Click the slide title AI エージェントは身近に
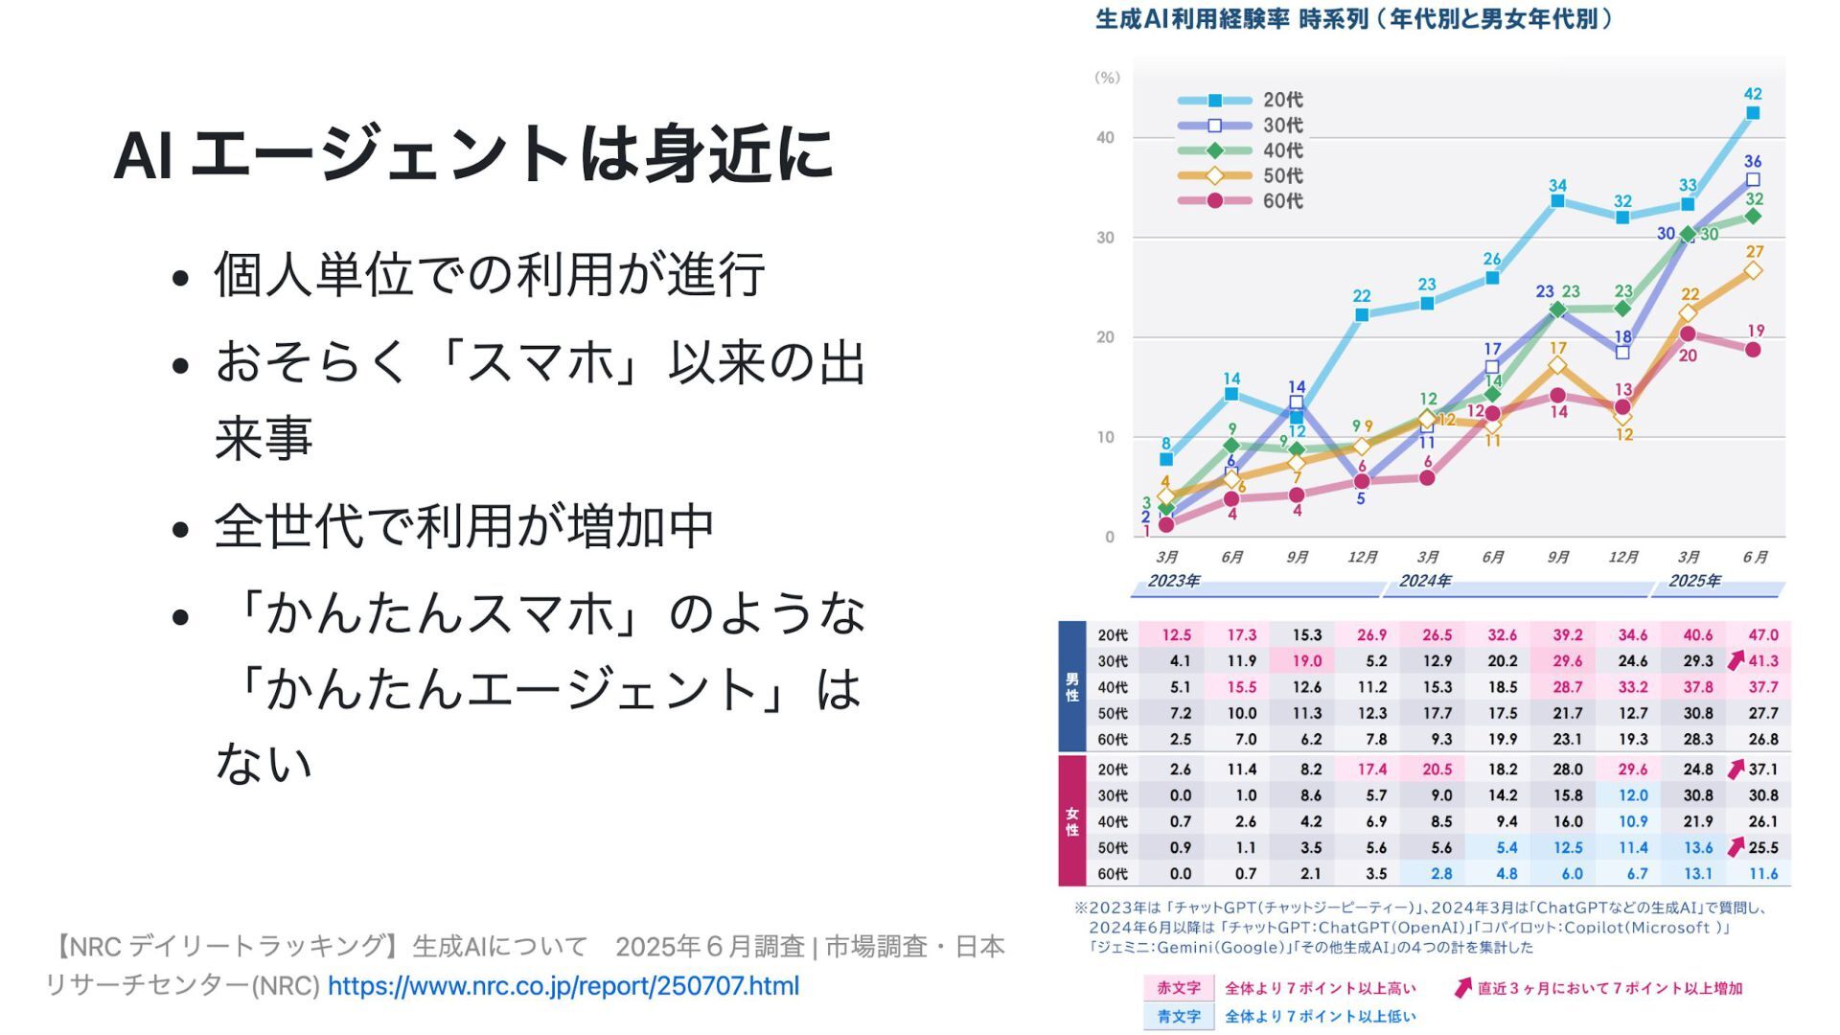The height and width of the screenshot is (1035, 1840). [473, 153]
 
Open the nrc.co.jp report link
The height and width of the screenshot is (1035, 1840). [563, 986]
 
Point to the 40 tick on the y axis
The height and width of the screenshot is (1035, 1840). [1106, 138]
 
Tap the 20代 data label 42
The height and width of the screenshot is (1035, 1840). [1753, 94]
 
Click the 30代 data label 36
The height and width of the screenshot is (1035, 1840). [1753, 161]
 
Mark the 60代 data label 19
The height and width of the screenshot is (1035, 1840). [1756, 331]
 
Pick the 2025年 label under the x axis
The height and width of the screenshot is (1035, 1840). [1694, 581]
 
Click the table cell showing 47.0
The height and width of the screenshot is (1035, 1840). [1762, 635]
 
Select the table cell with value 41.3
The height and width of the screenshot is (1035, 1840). [1762, 661]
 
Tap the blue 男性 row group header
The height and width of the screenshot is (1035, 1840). [1072, 686]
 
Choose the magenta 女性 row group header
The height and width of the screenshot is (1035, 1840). [1072, 821]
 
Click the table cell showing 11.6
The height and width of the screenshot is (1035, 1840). [1762, 874]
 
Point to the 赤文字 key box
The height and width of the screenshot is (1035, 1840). [1179, 988]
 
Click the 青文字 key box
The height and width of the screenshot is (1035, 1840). [1179, 1017]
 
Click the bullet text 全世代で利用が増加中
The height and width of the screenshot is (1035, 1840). [465, 526]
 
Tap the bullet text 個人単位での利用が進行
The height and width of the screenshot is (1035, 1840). [490, 275]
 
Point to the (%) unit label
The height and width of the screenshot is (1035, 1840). [1107, 78]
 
